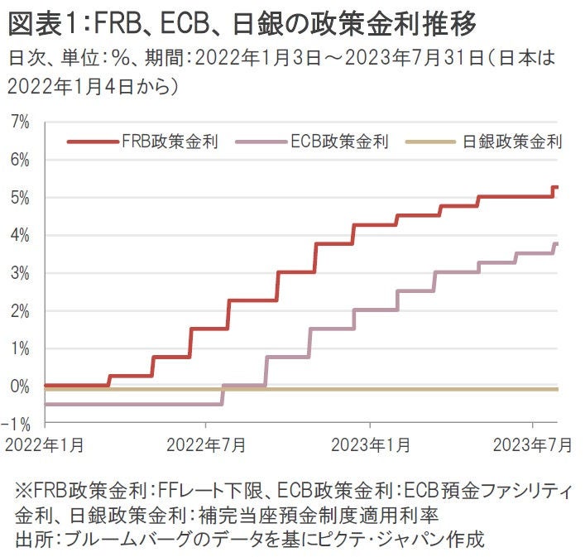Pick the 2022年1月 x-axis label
point(44,444)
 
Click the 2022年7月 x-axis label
point(205,444)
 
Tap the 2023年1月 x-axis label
point(370,444)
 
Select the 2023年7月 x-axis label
point(532,444)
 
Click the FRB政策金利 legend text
point(170,142)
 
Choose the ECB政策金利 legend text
point(339,142)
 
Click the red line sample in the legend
point(92,142)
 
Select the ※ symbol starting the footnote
point(23,490)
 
